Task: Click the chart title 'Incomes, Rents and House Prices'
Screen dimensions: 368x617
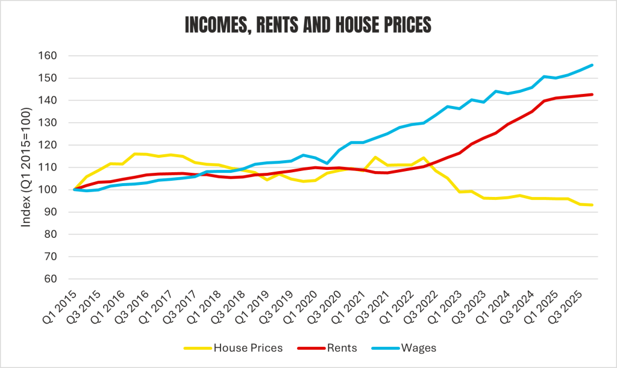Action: click(x=308, y=26)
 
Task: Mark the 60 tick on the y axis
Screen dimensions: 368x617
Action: click(x=51, y=279)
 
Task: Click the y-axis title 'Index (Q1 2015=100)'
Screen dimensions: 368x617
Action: click(x=26, y=167)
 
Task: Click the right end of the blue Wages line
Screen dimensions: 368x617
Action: click(x=592, y=65)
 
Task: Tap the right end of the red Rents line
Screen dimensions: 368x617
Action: click(x=592, y=95)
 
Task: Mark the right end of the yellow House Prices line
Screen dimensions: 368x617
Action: click(x=592, y=205)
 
